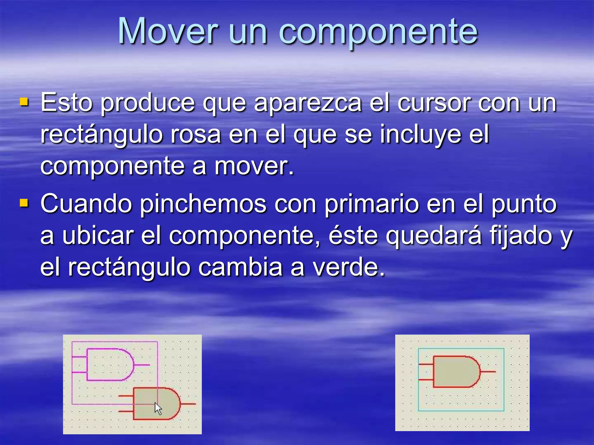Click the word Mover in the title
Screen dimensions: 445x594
click(x=168, y=31)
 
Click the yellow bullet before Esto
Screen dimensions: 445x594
click(x=24, y=102)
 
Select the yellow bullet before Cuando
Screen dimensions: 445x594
click(x=24, y=203)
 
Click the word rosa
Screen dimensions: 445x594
click(x=196, y=134)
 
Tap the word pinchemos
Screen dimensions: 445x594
click(x=203, y=205)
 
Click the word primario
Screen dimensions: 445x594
click(x=372, y=205)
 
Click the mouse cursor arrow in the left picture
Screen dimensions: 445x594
click(x=158, y=408)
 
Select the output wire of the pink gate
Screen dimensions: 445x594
click(x=142, y=365)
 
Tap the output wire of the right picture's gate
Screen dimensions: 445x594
click(x=488, y=371)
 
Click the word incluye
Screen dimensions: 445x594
click(x=421, y=134)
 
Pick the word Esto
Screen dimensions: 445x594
click(x=66, y=103)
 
